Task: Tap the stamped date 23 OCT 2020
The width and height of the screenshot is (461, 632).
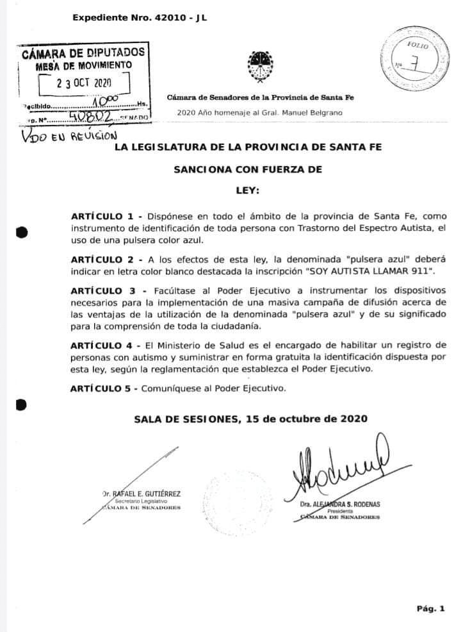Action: (x=84, y=83)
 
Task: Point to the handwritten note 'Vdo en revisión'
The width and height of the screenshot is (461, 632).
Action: (x=69, y=136)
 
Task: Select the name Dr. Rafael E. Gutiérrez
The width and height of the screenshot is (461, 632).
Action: (x=142, y=494)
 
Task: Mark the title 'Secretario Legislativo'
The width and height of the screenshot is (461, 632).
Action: (x=142, y=501)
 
